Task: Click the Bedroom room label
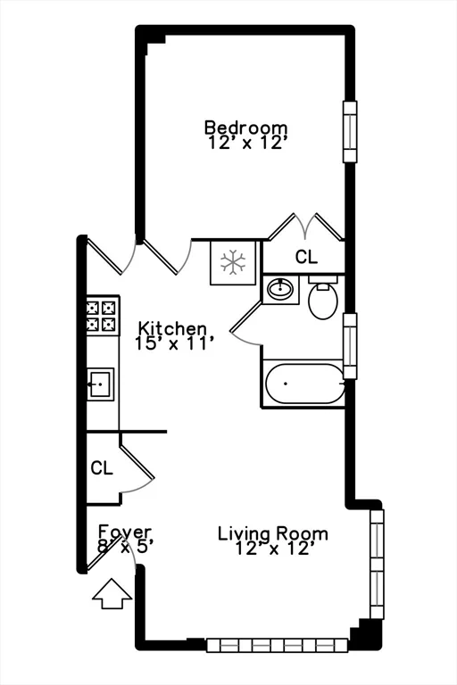(245, 127)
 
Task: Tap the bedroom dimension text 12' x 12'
(245, 143)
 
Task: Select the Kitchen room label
(171, 329)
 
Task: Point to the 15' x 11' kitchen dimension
(174, 342)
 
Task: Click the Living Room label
(273, 534)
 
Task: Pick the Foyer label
(125, 532)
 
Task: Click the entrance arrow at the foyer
(111, 593)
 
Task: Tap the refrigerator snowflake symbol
(233, 261)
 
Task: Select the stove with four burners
(103, 315)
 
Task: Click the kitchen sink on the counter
(100, 384)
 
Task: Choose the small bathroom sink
(280, 290)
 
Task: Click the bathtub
(303, 384)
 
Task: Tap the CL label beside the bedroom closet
(306, 258)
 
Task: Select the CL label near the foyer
(101, 468)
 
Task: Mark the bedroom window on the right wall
(350, 131)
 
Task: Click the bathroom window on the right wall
(350, 345)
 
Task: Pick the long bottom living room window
(277, 645)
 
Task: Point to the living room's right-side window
(377, 563)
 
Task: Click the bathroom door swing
(245, 327)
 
